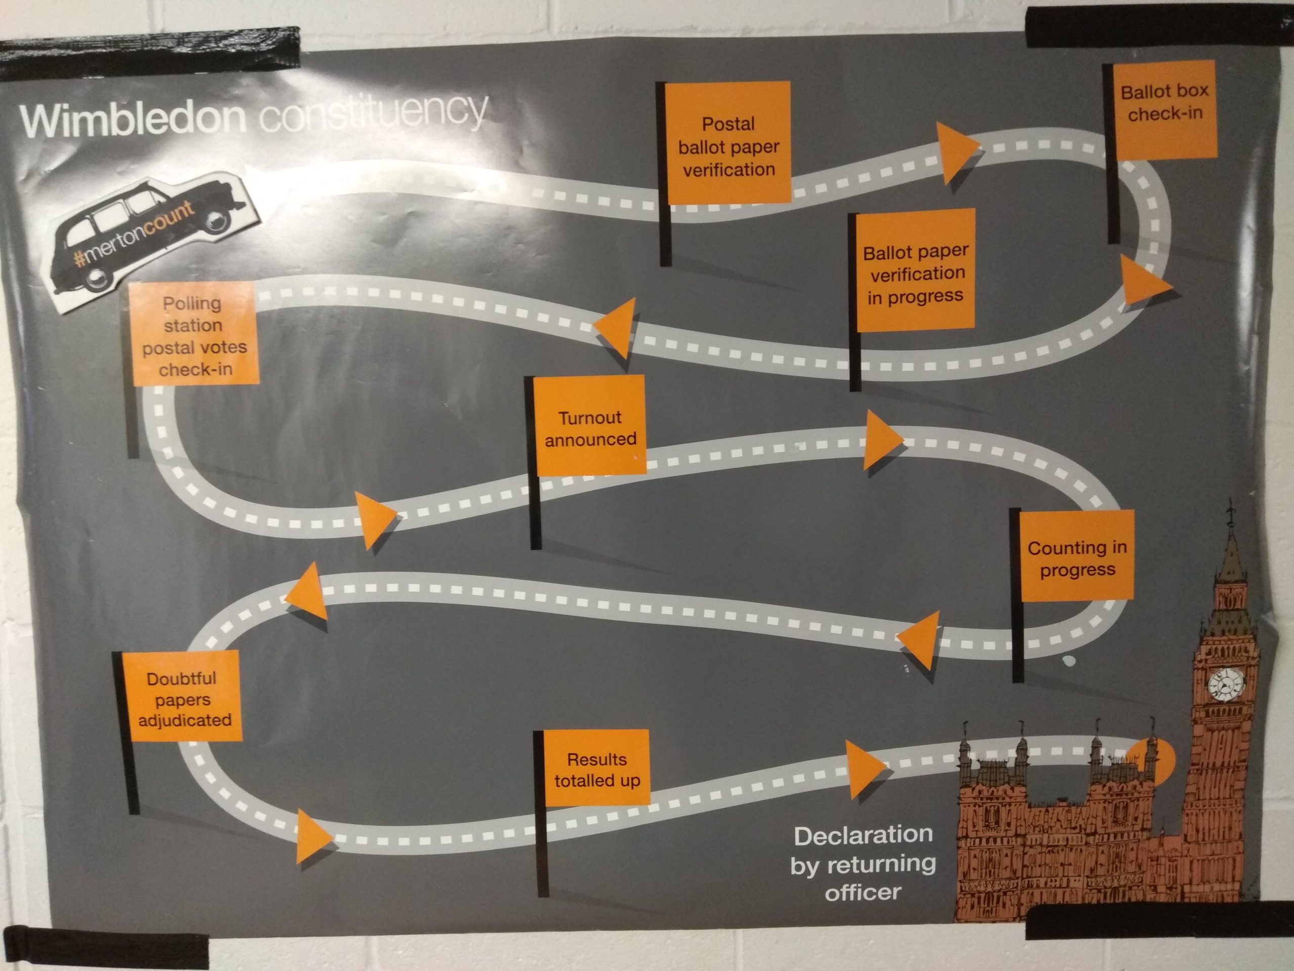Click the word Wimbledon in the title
133,119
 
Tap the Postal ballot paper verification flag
728,146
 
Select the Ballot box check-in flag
1164,103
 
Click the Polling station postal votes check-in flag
194,335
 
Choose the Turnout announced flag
590,428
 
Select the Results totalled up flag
596,769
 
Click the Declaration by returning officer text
863,864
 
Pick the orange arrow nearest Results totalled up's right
865,769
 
